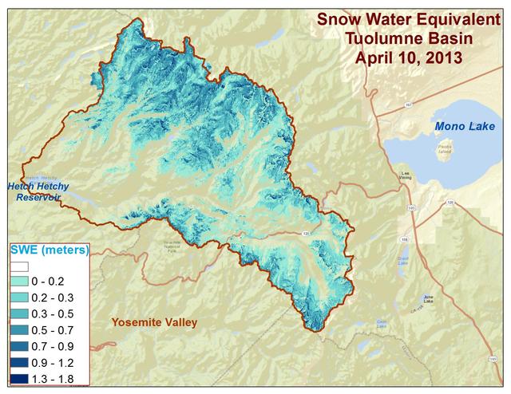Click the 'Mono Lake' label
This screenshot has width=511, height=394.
465,127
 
